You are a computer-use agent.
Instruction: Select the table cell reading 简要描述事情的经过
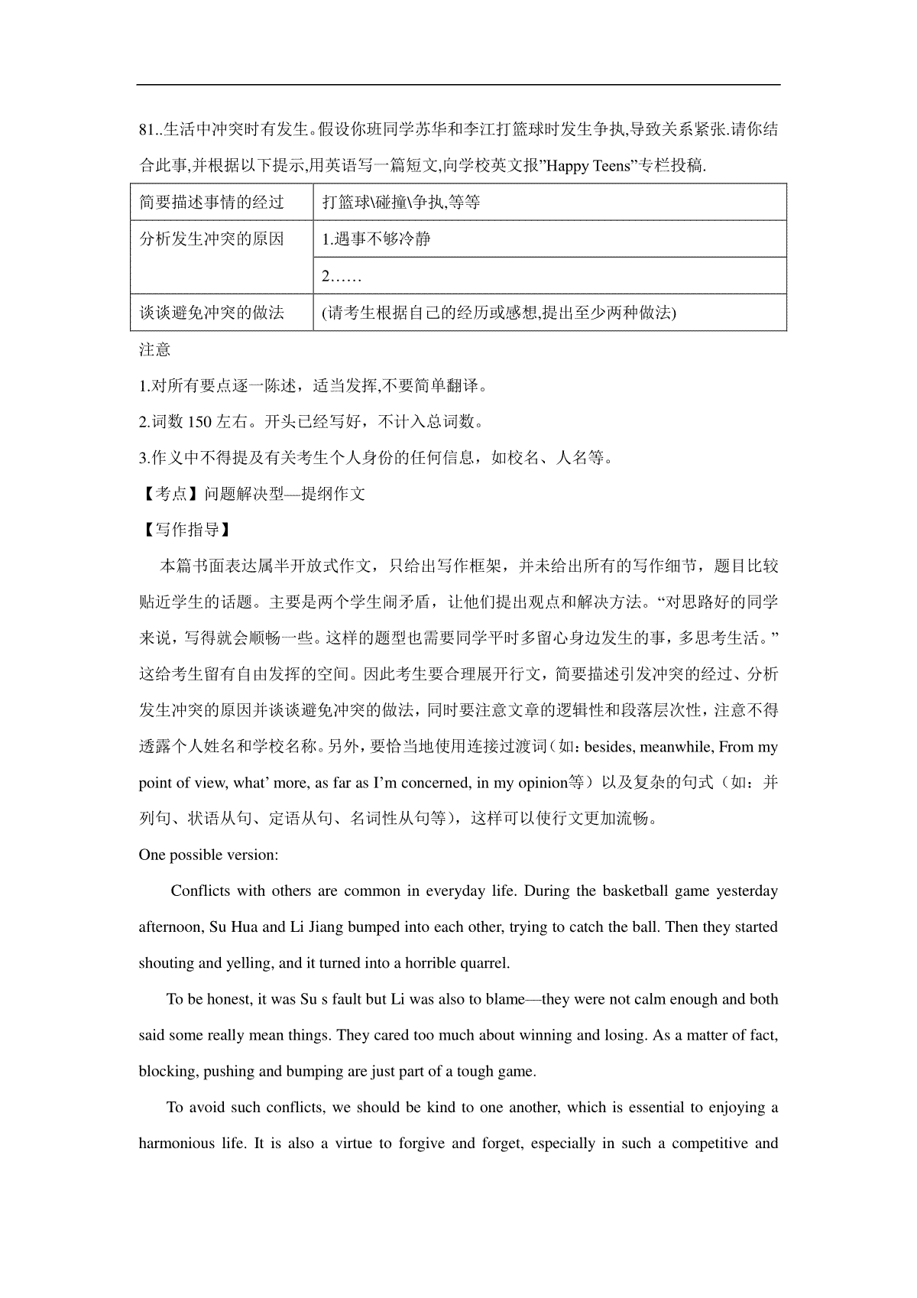coord(212,202)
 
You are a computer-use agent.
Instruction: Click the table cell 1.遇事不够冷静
coord(376,239)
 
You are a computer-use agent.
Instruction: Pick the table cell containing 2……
coord(341,275)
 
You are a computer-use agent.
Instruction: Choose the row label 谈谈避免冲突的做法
coord(212,312)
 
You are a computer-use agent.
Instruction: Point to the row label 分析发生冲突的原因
coord(212,239)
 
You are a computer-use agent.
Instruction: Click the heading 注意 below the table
coord(154,349)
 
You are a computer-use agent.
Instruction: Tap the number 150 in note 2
coord(199,422)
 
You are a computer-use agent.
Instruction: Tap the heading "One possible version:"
coord(208,855)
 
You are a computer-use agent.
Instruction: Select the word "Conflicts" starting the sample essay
coord(200,891)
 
